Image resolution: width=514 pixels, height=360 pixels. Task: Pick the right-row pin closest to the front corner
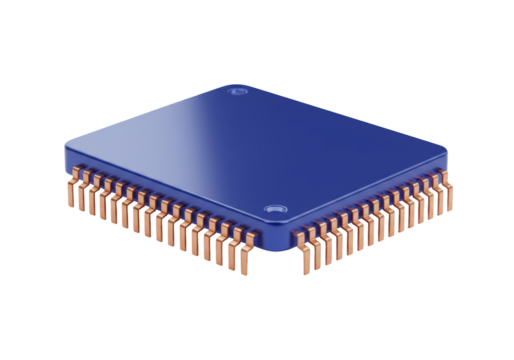[299, 256]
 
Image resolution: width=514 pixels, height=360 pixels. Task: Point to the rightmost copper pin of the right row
[447, 185]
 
